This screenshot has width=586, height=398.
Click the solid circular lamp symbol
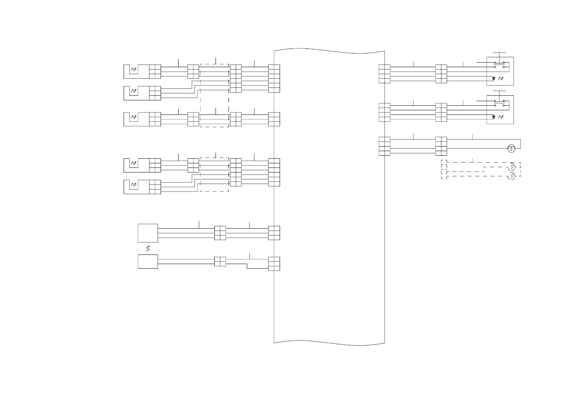click(x=512, y=149)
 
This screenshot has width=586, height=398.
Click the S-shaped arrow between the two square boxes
click(x=148, y=249)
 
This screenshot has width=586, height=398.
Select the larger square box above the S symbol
click(x=148, y=233)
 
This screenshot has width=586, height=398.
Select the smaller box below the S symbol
click(x=148, y=262)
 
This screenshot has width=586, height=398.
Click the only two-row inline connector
click(x=220, y=262)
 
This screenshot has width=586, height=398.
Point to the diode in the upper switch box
click(x=494, y=79)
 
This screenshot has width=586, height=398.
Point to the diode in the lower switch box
click(x=494, y=117)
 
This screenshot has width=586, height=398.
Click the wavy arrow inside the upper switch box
click(x=501, y=79)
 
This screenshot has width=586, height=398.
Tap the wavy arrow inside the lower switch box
click(x=501, y=117)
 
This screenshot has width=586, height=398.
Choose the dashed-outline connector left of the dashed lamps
click(x=444, y=169)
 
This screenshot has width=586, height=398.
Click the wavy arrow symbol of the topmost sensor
click(x=134, y=69)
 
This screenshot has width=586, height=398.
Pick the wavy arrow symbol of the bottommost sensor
click(x=134, y=185)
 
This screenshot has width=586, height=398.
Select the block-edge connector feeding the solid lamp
click(x=385, y=146)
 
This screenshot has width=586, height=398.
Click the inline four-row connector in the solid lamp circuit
click(x=441, y=146)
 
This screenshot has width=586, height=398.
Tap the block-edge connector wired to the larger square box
click(x=274, y=233)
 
